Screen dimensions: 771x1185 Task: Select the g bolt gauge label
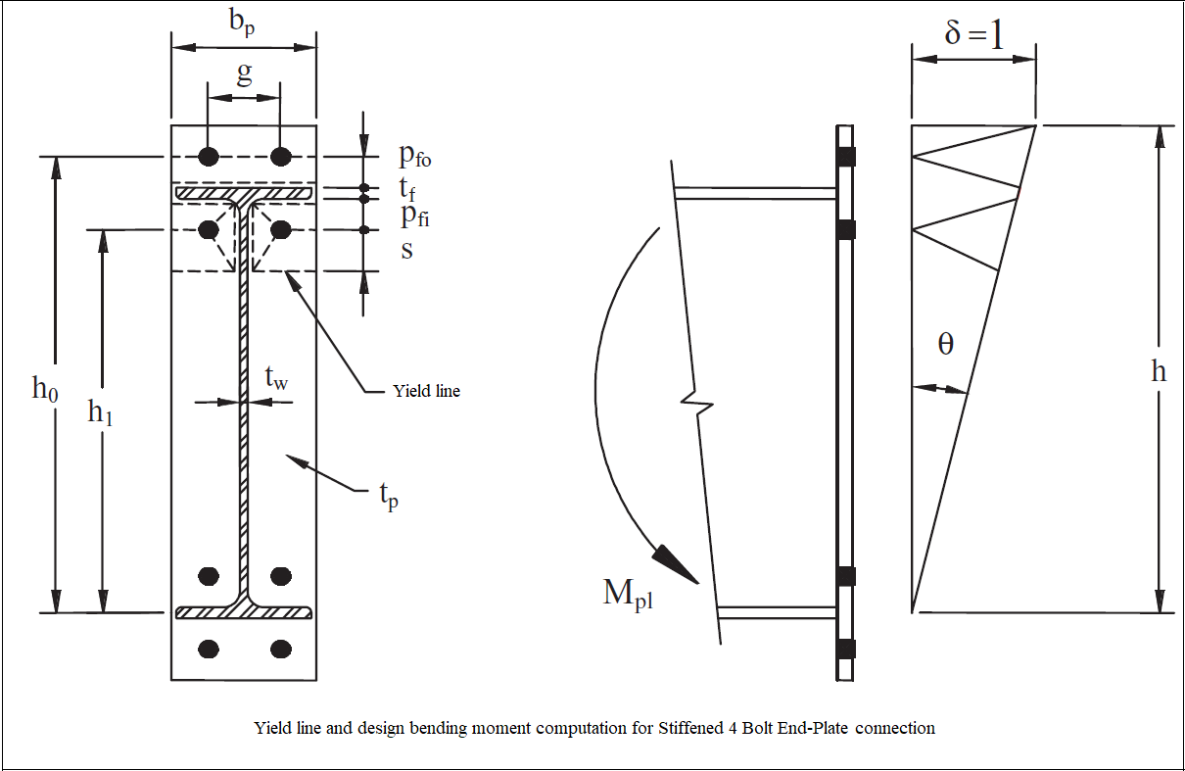(x=244, y=73)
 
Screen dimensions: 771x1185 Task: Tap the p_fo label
(x=414, y=156)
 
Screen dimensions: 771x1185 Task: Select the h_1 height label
(x=101, y=412)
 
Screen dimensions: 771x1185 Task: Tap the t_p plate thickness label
(x=389, y=497)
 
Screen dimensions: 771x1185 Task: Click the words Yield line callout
(x=426, y=391)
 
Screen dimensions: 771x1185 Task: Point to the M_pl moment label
(x=628, y=594)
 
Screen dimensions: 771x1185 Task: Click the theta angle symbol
(x=945, y=345)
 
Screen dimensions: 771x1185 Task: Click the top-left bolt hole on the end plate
(x=208, y=156)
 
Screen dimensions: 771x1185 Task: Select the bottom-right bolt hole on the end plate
(x=281, y=648)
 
